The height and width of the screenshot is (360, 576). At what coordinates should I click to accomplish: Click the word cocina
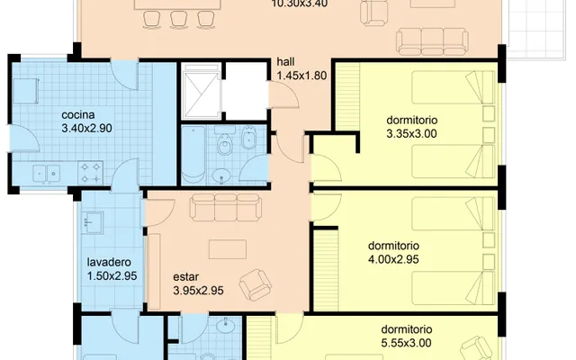78,115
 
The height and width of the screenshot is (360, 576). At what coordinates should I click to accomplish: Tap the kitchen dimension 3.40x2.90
86,128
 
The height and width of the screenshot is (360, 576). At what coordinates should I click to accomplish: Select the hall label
285,62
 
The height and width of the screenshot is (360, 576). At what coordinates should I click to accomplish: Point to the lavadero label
109,262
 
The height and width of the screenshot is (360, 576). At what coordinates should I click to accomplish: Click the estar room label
186,276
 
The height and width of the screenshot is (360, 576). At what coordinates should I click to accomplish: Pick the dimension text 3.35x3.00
412,134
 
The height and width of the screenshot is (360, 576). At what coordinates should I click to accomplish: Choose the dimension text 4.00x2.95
393,259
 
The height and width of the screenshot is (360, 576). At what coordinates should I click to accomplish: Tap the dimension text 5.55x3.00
406,343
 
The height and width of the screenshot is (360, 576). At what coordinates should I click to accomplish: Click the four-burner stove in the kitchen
90,173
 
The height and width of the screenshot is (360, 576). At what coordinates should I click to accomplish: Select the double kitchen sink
47,174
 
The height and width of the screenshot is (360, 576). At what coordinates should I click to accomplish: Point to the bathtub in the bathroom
193,155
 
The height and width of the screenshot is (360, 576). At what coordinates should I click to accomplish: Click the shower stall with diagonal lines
202,91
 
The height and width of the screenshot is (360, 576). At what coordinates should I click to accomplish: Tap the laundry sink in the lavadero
92,222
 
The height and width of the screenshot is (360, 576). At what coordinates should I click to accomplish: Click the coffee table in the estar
228,249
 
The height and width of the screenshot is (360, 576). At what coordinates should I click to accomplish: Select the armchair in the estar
256,284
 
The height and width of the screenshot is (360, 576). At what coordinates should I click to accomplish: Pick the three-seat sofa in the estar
226,207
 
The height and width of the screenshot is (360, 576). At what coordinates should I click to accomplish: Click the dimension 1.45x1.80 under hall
301,76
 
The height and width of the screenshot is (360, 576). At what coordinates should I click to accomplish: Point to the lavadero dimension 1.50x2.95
112,276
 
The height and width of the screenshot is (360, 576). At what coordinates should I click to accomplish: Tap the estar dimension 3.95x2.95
198,291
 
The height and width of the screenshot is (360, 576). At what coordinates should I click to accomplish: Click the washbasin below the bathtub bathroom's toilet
221,176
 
